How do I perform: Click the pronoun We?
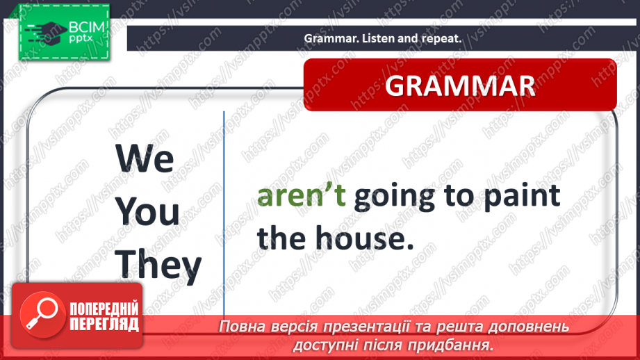pyautogui.click(x=145, y=158)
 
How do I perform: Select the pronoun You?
pyautogui.click(x=147, y=211)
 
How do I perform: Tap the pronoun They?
pyautogui.click(x=158, y=265)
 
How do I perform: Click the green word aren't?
pyautogui.click(x=301, y=195)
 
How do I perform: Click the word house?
pyautogui.click(x=365, y=238)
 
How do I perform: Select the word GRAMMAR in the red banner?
pyautogui.click(x=460, y=85)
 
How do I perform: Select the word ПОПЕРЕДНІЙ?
pyautogui.click(x=104, y=309)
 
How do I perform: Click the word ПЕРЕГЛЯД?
pyautogui.click(x=104, y=324)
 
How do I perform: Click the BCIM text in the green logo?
pyautogui.click(x=87, y=27)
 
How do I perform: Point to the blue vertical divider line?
pyautogui.click(x=224, y=213)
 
